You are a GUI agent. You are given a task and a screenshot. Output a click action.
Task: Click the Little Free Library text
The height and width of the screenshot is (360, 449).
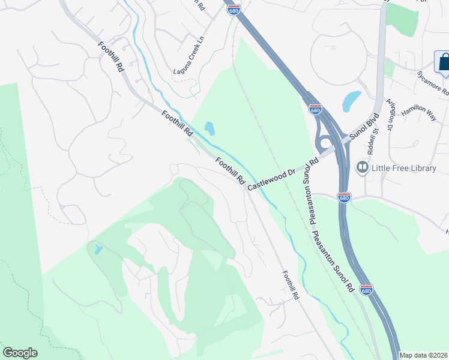(403, 168)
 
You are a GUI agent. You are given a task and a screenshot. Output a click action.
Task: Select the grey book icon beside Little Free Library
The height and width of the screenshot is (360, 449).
(363, 167)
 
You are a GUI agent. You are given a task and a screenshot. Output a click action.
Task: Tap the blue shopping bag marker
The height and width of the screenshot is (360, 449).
(444, 62)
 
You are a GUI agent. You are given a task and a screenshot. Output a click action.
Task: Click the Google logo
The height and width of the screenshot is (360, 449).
(20, 353)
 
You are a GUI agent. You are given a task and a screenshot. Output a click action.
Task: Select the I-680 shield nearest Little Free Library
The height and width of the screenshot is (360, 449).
(343, 197)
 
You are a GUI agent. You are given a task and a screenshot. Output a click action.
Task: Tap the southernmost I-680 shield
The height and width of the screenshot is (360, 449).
(366, 289)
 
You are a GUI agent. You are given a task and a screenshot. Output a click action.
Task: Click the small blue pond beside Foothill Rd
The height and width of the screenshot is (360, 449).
(209, 128)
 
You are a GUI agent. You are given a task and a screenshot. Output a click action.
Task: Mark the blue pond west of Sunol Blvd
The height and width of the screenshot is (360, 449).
(351, 101)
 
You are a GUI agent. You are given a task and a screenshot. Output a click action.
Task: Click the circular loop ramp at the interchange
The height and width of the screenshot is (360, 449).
(326, 143)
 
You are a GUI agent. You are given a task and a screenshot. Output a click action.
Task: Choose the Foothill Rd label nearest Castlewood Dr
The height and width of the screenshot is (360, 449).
(231, 171)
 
